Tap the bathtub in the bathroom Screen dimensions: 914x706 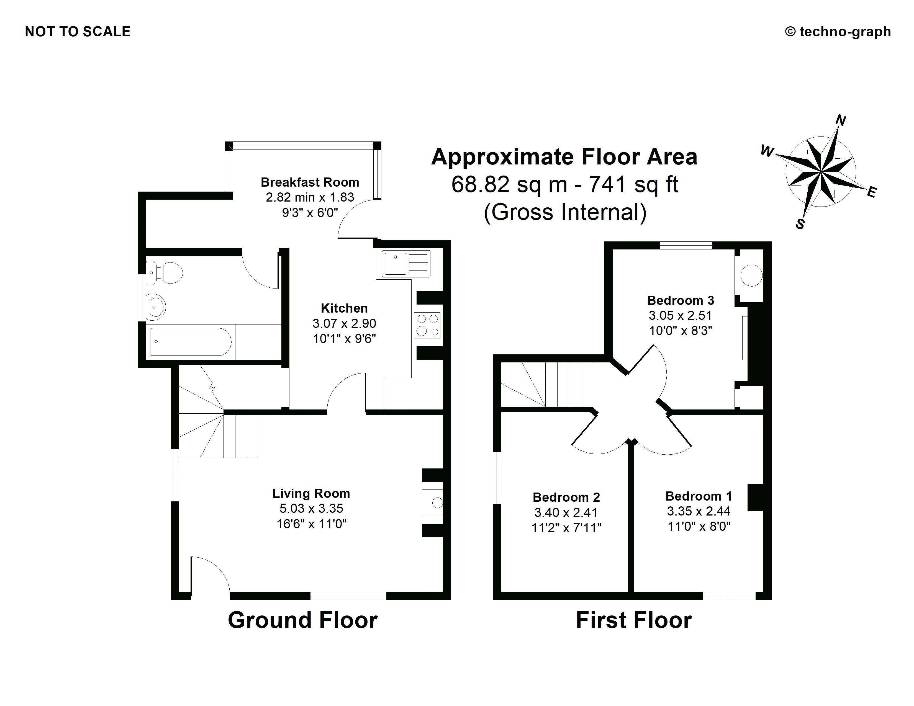(191, 342)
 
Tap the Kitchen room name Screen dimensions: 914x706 (344, 308)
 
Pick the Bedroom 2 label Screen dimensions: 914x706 (566, 497)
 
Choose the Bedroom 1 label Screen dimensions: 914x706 (699, 496)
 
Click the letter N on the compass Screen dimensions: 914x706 (840, 120)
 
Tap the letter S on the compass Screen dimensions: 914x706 (800, 224)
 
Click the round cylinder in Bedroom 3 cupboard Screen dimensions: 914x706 (751, 275)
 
